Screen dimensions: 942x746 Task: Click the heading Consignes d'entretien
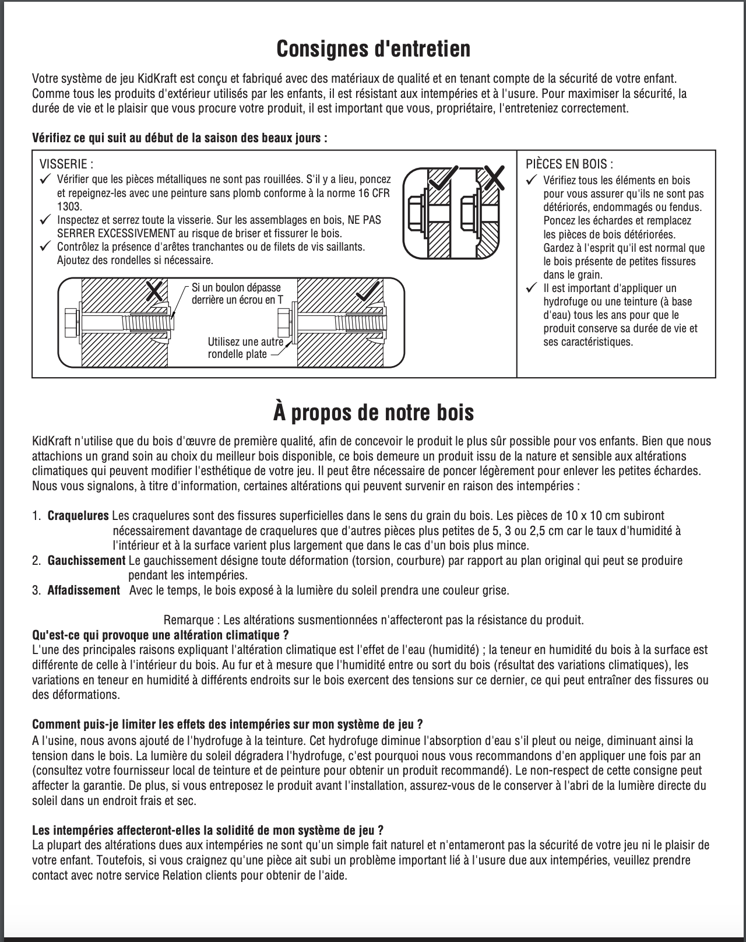click(373, 49)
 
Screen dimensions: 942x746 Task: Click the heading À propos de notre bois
click(373, 412)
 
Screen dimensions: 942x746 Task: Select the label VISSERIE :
click(66, 164)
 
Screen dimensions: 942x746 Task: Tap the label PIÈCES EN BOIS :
click(569, 164)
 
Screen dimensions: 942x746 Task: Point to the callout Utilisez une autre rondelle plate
click(245, 348)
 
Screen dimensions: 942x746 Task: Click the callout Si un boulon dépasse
click(236, 287)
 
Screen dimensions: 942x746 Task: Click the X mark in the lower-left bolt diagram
click(154, 290)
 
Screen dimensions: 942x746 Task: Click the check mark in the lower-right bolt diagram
click(368, 290)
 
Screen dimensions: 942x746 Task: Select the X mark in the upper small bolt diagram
click(494, 177)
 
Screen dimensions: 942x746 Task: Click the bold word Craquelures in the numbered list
click(78, 516)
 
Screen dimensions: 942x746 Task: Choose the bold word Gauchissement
click(86, 561)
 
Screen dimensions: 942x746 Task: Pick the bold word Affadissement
click(83, 590)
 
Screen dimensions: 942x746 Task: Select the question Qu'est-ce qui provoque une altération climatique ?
click(160, 635)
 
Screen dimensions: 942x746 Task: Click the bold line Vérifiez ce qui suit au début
click(180, 138)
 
